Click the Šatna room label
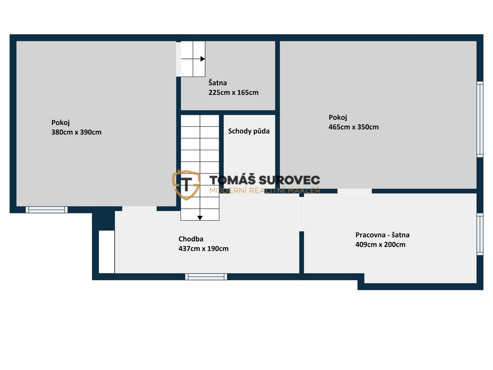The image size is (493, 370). (218, 83)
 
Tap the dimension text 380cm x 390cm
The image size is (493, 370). (77, 132)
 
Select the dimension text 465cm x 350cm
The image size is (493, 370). (354, 127)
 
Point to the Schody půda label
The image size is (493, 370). (249, 131)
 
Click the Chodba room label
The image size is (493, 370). (191, 239)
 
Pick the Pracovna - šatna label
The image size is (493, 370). (382, 235)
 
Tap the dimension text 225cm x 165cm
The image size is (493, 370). (234, 92)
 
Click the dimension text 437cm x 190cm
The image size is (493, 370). (204, 249)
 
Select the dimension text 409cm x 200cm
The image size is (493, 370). (380, 244)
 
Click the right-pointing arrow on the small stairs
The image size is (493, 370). (193, 59)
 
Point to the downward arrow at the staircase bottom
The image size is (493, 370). (200, 218)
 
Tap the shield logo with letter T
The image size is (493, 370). (186, 185)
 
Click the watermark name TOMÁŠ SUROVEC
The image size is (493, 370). (265, 180)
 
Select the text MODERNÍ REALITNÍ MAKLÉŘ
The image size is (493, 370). (265, 190)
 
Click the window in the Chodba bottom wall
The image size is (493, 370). (206, 277)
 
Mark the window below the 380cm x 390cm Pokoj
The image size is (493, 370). (47, 210)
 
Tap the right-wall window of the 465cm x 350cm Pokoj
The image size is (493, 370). (480, 119)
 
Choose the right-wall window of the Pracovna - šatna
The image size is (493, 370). (480, 234)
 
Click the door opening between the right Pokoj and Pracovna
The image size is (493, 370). (354, 191)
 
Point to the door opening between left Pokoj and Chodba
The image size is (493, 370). (139, 209)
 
